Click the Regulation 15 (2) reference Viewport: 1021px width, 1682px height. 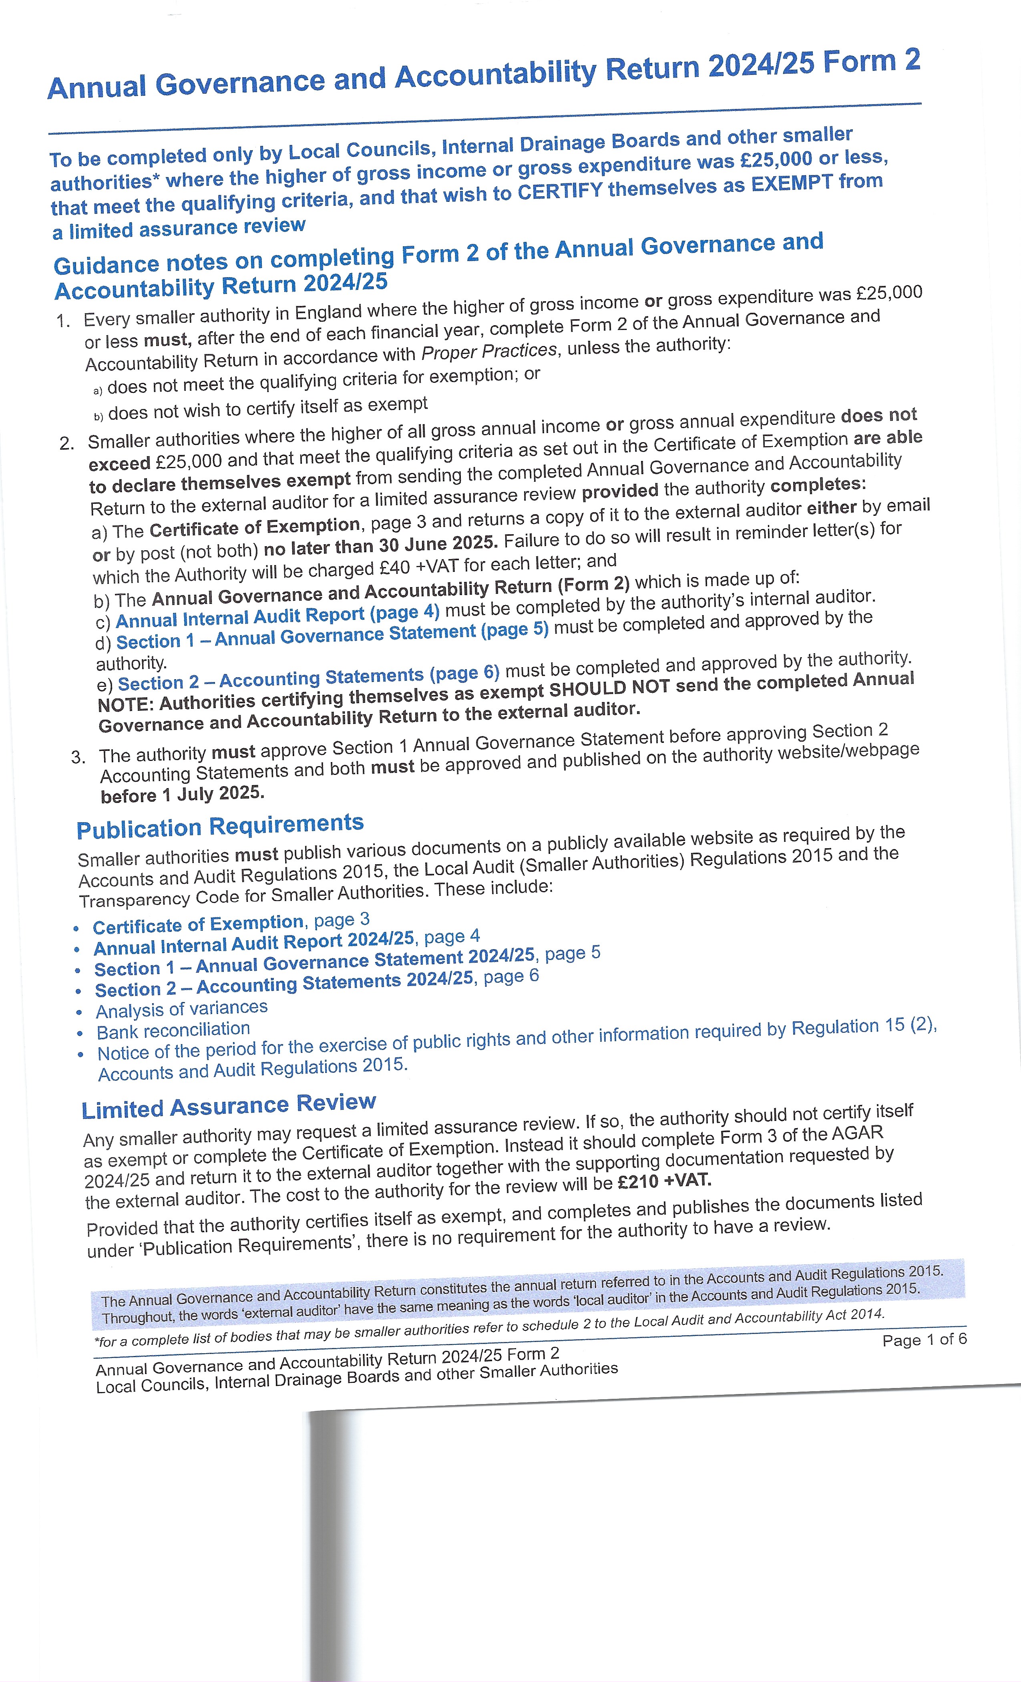tap(863, 1027)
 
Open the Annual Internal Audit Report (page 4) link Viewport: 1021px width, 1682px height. tap(277, 616)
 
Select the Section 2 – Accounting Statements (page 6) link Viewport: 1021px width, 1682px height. tap(308, 678)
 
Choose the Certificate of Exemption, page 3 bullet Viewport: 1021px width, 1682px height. tap(231, 923)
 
